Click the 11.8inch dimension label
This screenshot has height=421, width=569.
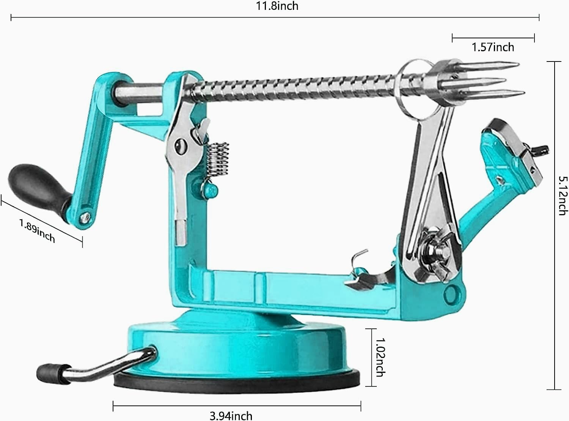click(x=277, y=6)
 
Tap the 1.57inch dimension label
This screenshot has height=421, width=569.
click(x=493, y=47)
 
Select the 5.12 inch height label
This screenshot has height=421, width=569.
click(x=562, y=196)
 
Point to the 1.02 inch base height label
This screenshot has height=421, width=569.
click(x=380, y=357)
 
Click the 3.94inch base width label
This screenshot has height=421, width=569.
click(x=231, y=416)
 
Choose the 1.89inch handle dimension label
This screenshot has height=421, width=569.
click(x=38, y=230)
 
